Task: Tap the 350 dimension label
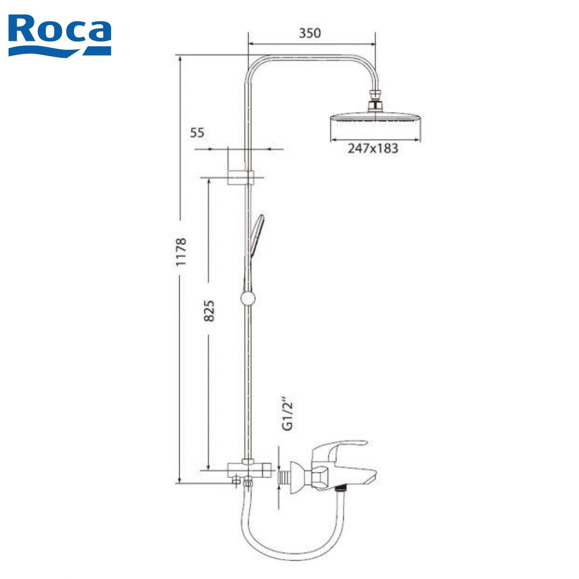point(310,33)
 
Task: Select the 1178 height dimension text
point(181,252)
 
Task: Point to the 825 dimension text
point(209,310)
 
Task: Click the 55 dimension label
point(197,133)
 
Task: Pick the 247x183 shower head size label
point(373,148)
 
